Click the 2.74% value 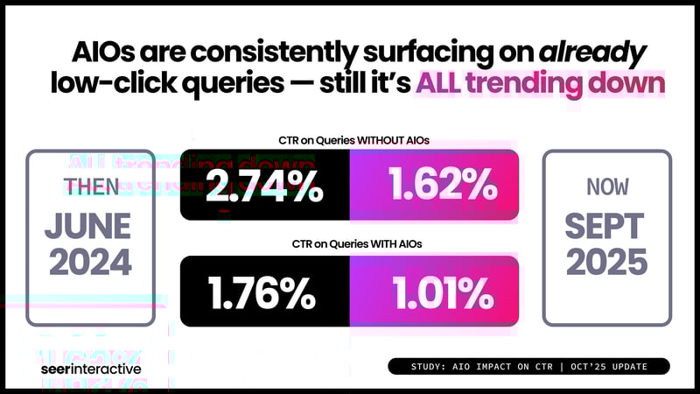263,186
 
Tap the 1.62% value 433,186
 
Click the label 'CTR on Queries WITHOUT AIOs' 349,140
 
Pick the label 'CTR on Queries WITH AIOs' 349,244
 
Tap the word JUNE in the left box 92,226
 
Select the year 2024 92,263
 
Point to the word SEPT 607,226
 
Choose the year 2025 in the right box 607,263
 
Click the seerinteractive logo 91,369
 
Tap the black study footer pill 528,366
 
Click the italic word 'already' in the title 591,52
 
